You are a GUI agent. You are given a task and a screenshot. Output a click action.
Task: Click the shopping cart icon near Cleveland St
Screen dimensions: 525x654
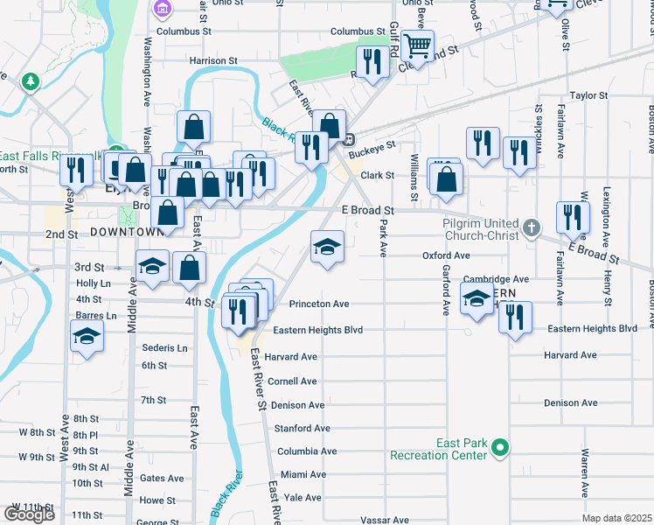pos(419,45)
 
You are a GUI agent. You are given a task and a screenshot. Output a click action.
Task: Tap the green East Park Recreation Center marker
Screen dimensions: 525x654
pos(500,448)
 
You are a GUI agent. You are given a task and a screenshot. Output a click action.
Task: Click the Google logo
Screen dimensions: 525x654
pos(29,514)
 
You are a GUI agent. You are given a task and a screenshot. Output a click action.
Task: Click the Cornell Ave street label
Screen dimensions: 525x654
pos(292,381)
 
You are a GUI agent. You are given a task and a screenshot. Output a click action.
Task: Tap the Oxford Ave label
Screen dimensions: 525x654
pos(447,255)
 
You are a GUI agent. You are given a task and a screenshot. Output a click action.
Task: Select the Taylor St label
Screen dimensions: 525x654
pos(588,95)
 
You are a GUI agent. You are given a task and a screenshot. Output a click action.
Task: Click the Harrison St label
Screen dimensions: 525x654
pos(213,61)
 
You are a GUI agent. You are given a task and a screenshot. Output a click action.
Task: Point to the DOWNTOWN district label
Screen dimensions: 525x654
pos(127,232)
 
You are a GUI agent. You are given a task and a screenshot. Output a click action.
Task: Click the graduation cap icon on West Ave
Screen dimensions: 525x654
pos(87,337)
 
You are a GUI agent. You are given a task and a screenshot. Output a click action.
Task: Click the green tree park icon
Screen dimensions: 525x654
pos(31,81)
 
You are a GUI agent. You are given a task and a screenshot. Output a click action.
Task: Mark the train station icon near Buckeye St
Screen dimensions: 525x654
pos(348,138)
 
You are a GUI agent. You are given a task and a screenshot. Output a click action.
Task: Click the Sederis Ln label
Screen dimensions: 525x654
pos(164,347)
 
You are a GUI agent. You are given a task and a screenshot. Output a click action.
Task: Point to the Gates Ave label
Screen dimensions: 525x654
pos(162,478)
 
